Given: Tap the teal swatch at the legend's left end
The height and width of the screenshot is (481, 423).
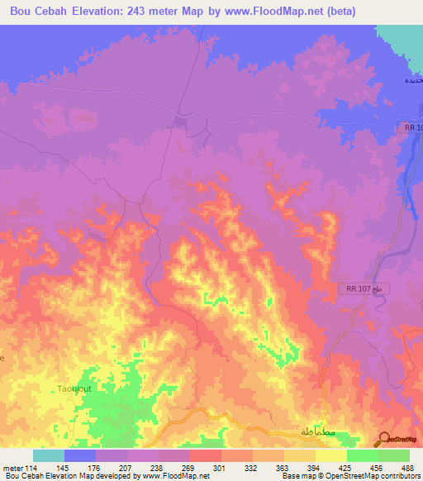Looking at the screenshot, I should coord(49,455).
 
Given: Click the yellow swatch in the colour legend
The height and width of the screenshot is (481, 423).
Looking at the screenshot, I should coord(330,455).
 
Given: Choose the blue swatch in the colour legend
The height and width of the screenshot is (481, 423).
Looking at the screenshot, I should coord(80,455).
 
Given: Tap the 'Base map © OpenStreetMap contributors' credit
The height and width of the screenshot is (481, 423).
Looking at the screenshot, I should coord(349,477).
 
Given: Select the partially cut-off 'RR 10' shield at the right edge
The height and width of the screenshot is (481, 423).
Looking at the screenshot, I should coord(413,127).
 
